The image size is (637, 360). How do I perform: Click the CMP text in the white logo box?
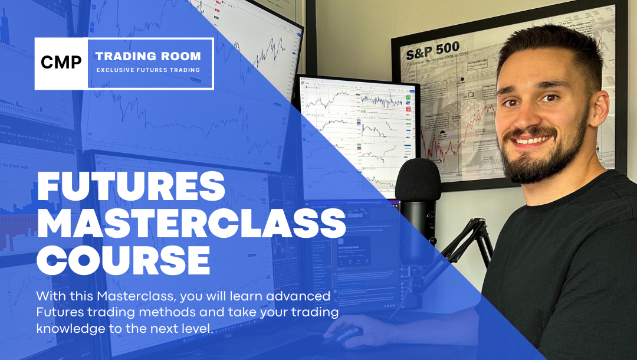[x=61, y=63]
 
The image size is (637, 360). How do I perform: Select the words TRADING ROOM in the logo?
[x=148, y=57]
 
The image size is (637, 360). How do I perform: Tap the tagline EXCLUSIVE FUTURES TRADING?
[x=148, y=70]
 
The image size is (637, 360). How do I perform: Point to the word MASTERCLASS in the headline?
[x=191, y=225]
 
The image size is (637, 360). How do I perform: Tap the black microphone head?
[x=418, y=179]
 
